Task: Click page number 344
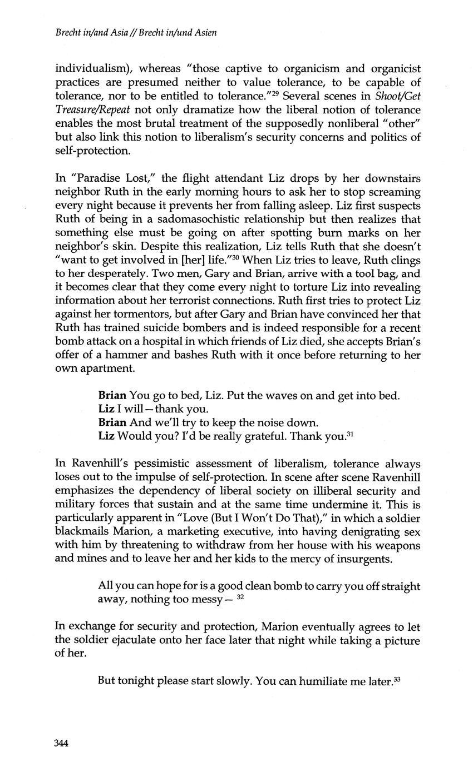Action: [61, 744]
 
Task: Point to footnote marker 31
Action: [351, 433]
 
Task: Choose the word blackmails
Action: [81, 532]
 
